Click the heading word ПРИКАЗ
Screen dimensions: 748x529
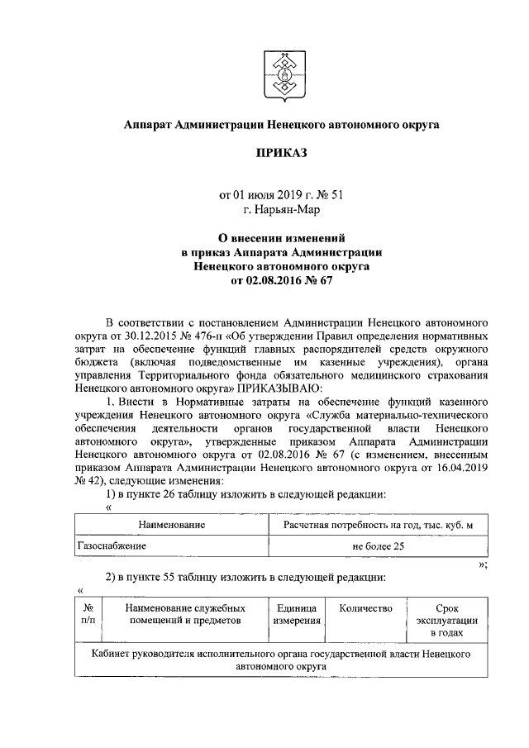pyautogui.click(x=280, y=155)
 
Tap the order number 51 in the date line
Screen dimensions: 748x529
pyautogui.click(x=335, y=196)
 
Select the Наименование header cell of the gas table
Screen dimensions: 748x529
pyautogui.click(x=172, y=524)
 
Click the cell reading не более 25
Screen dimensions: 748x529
pyautogui.click(x=377, y=546)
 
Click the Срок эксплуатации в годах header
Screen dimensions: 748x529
pyautogui.click(x=446, y=619)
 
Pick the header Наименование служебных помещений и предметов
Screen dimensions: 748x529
pyautogui.click(x=183, y=613)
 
